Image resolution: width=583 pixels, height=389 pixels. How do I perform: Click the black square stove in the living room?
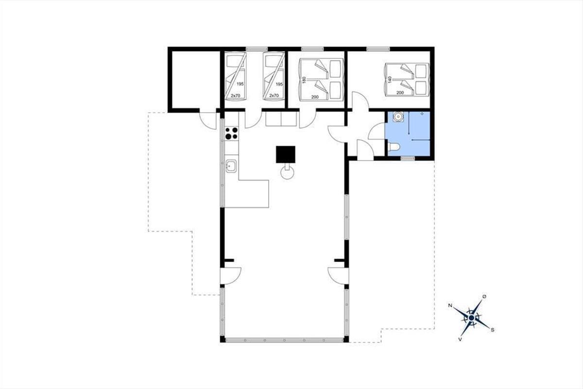(286, 154)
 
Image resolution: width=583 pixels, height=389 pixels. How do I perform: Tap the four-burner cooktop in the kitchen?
(231, 133)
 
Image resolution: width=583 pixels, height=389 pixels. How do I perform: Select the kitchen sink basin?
(231, 166)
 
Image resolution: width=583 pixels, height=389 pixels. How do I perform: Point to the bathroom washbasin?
(398, 117)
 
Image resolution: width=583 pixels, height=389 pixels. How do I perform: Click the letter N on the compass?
(450, 305)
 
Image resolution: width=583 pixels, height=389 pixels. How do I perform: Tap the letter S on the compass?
(493, 330)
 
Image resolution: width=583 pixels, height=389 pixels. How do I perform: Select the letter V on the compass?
(460, 339)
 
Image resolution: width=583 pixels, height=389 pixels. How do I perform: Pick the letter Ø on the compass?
(484, 297)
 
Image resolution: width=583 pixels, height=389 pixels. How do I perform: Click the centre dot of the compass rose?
(471, 318)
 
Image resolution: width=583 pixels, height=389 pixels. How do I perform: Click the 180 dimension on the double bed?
(303, 80)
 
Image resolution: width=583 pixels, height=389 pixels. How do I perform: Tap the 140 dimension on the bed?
(390, 80)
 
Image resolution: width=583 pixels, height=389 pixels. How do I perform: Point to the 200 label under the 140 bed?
(400, 93)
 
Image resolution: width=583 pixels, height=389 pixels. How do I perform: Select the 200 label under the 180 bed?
(315, 97)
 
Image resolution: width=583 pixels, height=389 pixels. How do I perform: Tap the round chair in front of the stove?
(287, 173)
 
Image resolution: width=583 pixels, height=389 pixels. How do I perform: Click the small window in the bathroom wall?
(408, 158)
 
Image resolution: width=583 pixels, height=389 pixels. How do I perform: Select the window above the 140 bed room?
(378, 49)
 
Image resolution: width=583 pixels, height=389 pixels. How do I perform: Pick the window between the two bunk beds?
(257, 49)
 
